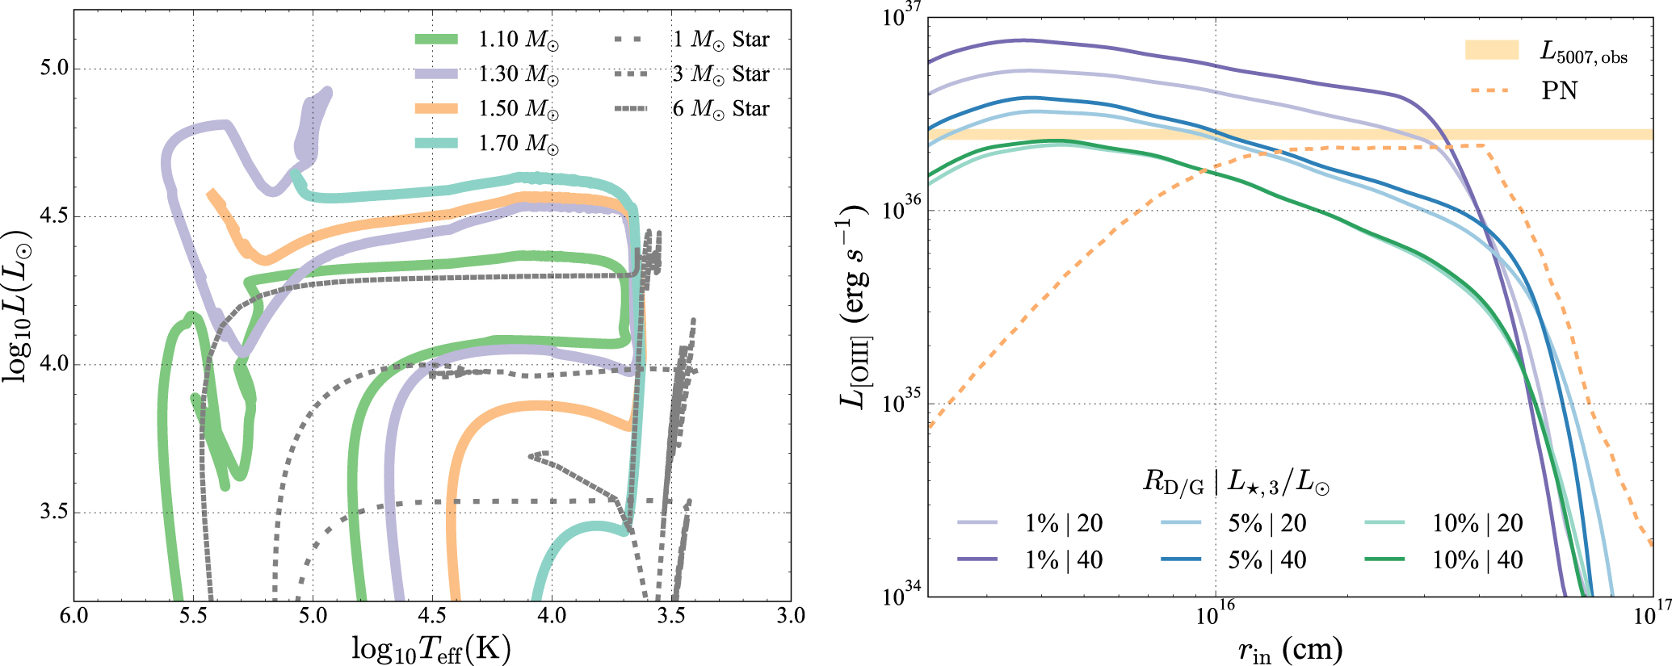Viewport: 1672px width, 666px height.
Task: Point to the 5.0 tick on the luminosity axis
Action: pyautogui.click(x=54, y=69)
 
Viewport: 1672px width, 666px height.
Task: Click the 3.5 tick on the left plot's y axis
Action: pyautogui.click(x=54, y=513)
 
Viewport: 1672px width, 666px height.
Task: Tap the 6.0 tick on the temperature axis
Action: pyautogui.click(x=74, y=616)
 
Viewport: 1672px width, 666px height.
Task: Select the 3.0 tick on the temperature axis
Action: pyautogui.click(x=791, y=616)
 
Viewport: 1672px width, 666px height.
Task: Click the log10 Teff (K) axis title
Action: pyautogui.click(x=431, y=648)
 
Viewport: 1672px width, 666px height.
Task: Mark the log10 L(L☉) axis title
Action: pyautogui.click(x=18, y=307)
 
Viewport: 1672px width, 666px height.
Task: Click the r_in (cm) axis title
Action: pyautogui.click(x=1290, y=649)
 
